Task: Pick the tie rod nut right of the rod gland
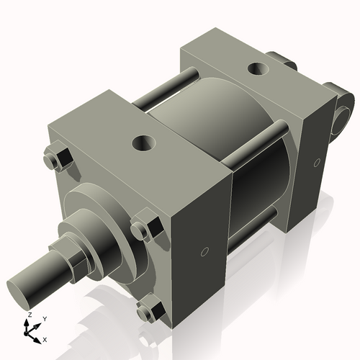[x=142, y=230]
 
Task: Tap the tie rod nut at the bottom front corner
[x=147, y=311]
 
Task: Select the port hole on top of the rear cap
[x=257, y=69]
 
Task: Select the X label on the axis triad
[x=45, y=338]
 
